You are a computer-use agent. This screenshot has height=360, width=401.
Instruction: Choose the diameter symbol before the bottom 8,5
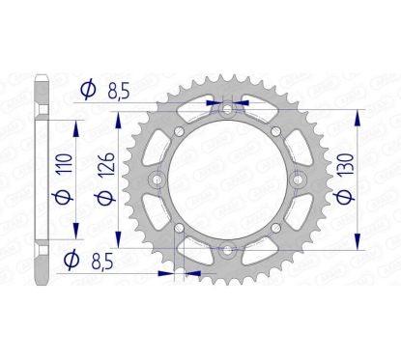(x=70, y=260)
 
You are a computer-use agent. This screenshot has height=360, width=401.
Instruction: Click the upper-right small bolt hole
(x=276, y=132)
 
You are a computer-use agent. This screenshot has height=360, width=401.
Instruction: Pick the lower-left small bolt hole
(x=178, y=230)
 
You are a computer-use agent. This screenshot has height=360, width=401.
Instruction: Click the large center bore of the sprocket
(x=227, y=180)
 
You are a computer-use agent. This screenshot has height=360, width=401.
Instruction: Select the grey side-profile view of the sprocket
(x=40, y=180)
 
